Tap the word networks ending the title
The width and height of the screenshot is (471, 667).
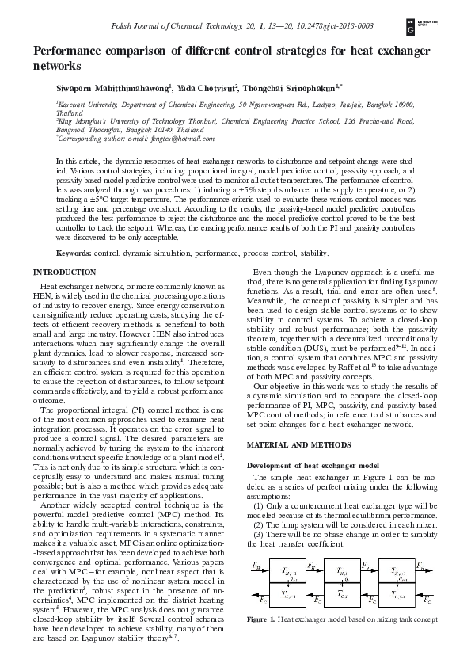click(x=58, y=67)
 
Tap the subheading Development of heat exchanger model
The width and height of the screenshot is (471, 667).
click(x=311, y=465)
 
